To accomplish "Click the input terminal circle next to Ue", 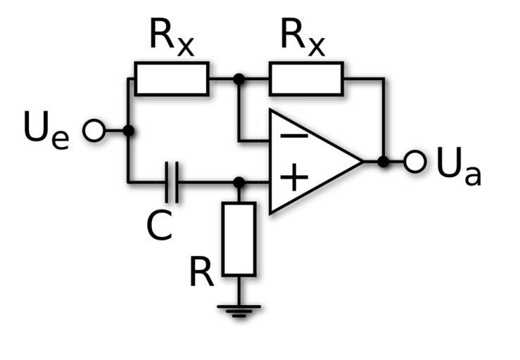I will [x=94, y=131].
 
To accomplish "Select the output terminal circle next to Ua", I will [x=416, y=162].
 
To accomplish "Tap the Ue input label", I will [x=46, y=131].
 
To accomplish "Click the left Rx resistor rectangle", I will [x=172, y=78].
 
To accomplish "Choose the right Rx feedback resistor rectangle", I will [x=306, y=78].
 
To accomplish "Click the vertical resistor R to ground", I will [x=239, y=239].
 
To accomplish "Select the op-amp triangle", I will [x=310, y=161].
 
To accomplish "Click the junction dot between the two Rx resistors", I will [x=239, y=78].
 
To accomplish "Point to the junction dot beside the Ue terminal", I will [x=128, y=131].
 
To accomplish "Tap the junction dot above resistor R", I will [x=239, y=183].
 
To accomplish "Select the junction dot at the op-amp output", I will [x=383, y=162].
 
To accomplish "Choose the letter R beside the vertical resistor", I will [x=203, y=274].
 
